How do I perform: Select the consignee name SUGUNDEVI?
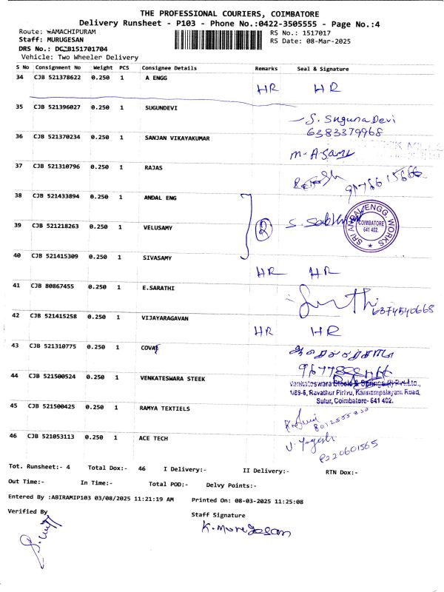coord(161,107)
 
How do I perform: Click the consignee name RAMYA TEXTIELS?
coord(164,408)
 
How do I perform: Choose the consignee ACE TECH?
coord(154,438)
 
